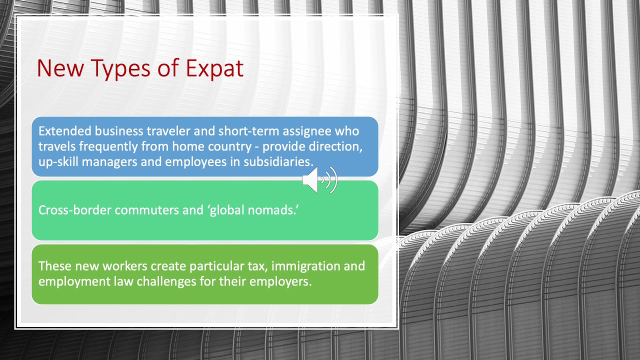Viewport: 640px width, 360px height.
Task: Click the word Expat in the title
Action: click(214, 68)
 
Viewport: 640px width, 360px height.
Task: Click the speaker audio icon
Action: click(319, 180)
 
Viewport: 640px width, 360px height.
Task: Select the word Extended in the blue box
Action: click(64, 131)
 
